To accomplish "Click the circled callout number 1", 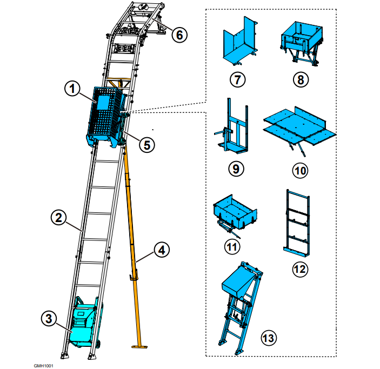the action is [x=72, y=89].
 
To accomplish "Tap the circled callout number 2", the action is [x=58, y=217].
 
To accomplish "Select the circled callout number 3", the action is [x=49, y=318].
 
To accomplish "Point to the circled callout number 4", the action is [x=162, y=250].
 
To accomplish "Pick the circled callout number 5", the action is [x=147, y=145].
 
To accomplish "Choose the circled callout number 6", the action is [x=179, y=35].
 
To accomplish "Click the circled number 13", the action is [x=269, y=338].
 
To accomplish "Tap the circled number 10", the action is [x=300, y=171].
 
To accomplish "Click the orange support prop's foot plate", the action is [x=139, y=346].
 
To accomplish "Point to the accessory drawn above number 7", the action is [x=240, y=41].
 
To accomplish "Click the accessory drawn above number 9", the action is [x=231, y=126].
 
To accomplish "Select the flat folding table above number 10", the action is [x=300, y=127].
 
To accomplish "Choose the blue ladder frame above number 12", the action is [x=297, y=223].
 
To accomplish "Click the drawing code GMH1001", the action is [x=43, y=366].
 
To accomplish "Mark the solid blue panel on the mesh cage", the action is [x=103, y=102].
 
